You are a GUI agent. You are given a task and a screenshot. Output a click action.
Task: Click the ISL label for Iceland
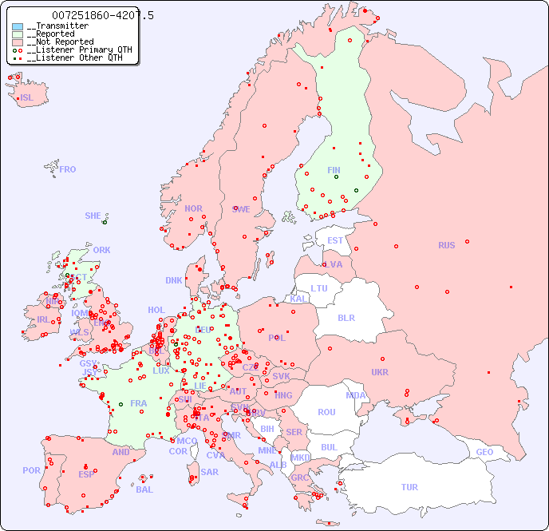[x=27, y=98]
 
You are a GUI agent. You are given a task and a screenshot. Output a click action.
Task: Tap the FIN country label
[x=334, y=170]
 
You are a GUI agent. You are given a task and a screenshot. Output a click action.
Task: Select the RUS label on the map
[x=446, y=245]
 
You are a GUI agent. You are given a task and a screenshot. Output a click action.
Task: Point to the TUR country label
[x=409, y=487]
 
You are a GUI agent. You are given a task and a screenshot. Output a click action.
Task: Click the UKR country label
[x=380, y=372]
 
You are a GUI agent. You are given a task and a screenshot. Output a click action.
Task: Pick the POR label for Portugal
[x=31, y=470]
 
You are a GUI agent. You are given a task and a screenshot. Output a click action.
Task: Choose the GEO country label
[x=484, y=452]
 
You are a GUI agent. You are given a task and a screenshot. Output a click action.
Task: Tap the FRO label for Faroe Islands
[x=68, y=169]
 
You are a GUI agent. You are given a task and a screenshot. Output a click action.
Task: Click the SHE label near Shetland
[x=93, y=216]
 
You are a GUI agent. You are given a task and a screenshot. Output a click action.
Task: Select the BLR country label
[x=346, y=317]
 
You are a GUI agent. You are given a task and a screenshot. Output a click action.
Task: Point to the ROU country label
[x=326, y=412]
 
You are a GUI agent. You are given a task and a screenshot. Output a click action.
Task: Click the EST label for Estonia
[x=335, y=240]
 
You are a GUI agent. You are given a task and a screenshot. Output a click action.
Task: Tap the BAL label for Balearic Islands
[x=144, y=489]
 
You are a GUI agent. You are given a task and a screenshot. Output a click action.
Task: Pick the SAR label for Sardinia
[x=209, y=472]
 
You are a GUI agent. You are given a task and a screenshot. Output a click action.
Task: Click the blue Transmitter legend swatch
[x=18, y=26]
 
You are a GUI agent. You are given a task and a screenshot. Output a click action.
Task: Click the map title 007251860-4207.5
[x=103, y=15]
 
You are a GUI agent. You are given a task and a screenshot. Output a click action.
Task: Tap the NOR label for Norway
[x=193, y=208]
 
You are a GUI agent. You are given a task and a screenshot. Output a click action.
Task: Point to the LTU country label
[x=319, y=288]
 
